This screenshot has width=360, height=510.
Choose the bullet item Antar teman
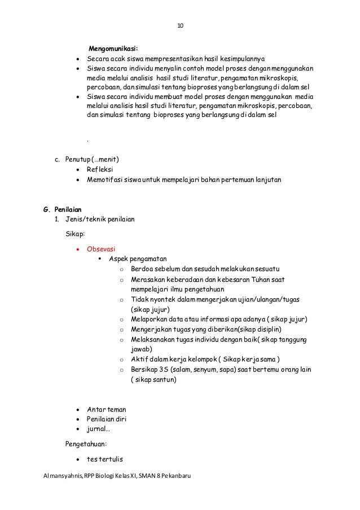pos(106,409)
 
